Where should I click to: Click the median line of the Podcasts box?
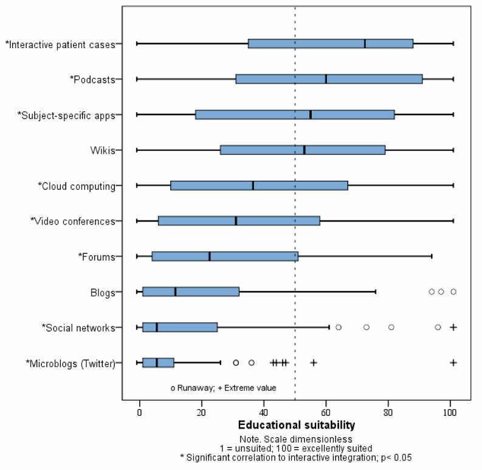(326, 79)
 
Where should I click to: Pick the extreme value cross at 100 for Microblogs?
(453, 362)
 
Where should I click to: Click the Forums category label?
(98, 256)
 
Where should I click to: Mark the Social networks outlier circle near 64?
(339, 327)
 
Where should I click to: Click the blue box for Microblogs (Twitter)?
(158, 362)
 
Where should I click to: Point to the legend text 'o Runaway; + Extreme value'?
(223, 387)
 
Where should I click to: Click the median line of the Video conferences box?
(236, 220)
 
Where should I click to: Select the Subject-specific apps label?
(67, 115)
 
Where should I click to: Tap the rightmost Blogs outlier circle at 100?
(453, 292)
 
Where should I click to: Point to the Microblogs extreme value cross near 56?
(314, 362)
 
